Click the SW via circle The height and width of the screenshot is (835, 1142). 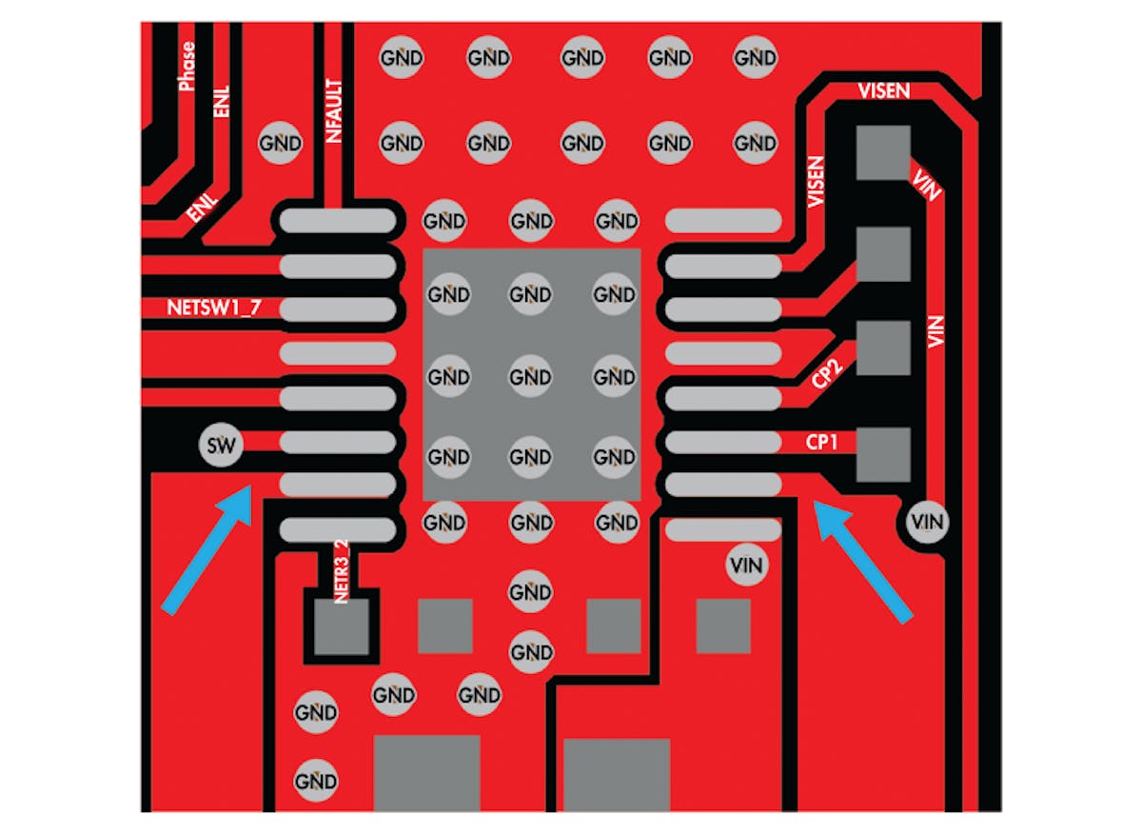(x=220, y=444)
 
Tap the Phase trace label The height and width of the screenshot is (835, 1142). (x=187, y=66)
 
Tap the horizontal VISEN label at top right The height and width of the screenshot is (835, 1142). (x=883, y=91)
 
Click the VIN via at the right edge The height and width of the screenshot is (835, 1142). (x=927, y=521)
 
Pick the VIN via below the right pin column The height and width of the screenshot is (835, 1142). (x=746, y=565)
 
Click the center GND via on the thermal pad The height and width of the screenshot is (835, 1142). (x=529, y=377)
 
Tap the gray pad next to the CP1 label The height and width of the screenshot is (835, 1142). (x=884, y=454)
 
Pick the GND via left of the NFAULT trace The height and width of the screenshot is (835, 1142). (x=280, y=144)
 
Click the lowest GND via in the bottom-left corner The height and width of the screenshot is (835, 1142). (x=315, y=782)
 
